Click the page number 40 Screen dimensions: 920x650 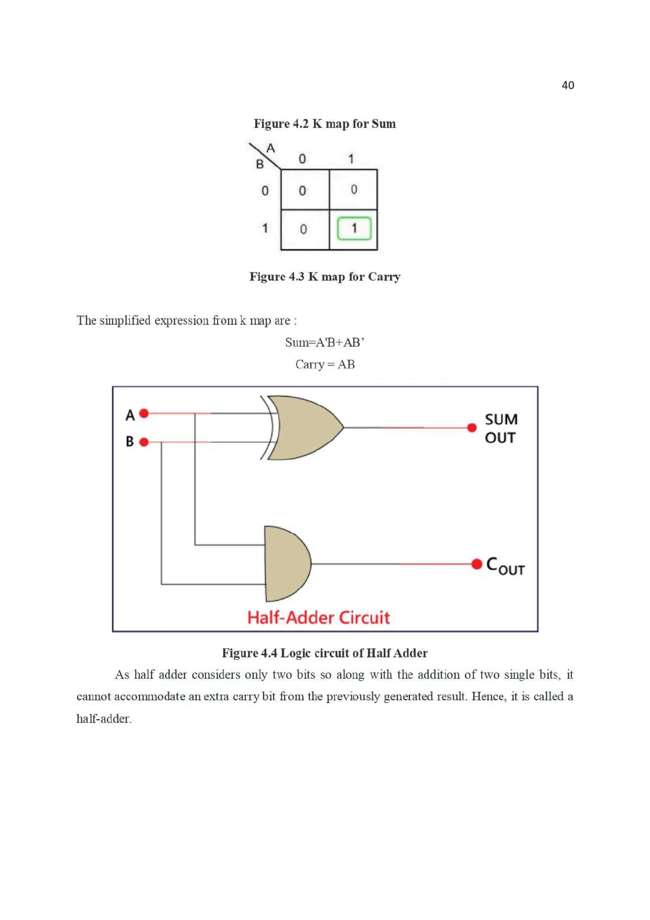pos(567,85)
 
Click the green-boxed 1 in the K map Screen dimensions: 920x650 pos(354,228)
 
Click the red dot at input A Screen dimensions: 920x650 pos(144,413)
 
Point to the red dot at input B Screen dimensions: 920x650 pos(144,442)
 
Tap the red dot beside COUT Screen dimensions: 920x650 pos(477,564)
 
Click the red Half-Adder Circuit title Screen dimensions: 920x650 pos(318,617)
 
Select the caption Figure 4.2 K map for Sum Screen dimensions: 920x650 pos(325,123)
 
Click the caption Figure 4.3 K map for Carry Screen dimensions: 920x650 pos(325,277)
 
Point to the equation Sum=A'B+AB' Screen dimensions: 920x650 pos(325,342)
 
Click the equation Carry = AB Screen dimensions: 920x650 pos(325,364)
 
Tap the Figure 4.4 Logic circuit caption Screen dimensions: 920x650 pos(325,653)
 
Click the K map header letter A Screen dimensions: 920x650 pos(271,148)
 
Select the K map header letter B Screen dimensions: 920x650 pos(260,164)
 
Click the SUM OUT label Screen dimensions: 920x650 pos(501,428)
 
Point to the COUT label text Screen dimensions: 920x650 pos(505,565)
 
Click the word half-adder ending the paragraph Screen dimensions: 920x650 pos(103,718)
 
